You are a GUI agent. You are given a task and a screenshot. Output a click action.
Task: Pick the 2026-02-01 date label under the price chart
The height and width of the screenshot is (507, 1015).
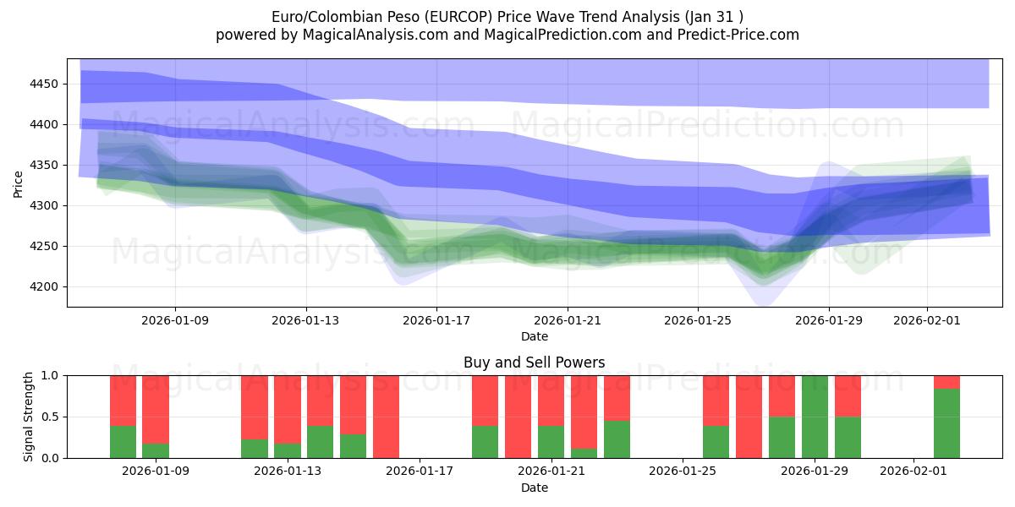tap(927, 320)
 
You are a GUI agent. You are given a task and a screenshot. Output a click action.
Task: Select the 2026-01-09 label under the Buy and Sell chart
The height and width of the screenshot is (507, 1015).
tap(156, 472)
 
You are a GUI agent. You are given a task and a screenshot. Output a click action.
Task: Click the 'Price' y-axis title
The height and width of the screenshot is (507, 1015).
tap(19, 183)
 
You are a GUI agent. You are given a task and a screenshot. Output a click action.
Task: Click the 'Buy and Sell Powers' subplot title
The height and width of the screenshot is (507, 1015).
tap(534, 363)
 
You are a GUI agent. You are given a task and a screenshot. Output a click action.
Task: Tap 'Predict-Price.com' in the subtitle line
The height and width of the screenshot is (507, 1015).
tap(735, 35)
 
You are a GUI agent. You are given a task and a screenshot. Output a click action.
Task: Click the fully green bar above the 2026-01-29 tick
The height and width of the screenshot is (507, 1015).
tap(815, 417)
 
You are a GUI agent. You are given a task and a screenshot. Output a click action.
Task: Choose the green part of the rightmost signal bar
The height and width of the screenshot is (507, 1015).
tap(946, 423)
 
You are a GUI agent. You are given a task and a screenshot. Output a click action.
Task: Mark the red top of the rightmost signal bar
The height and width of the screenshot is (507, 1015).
tap(946, 382)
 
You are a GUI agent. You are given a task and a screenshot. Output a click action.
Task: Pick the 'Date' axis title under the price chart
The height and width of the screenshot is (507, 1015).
tap(534, 336)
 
